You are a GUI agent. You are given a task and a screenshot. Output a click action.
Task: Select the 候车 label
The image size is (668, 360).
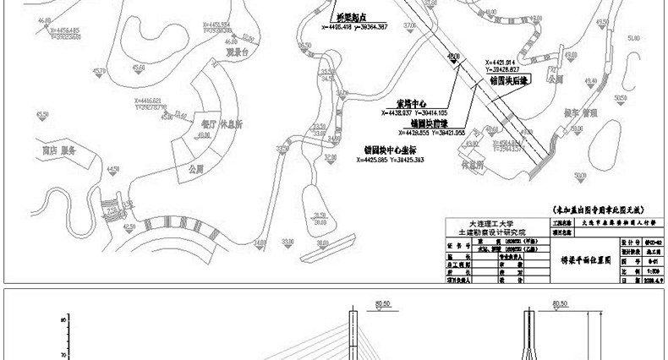[x=550, y=112]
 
